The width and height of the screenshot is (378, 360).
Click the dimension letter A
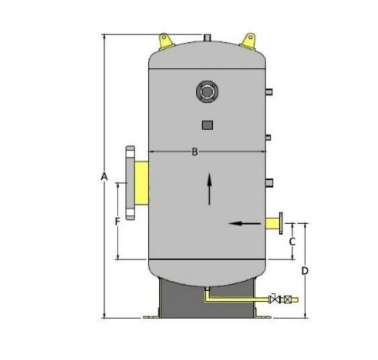103,177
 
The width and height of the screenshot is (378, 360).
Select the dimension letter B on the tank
195,152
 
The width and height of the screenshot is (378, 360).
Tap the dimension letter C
292,240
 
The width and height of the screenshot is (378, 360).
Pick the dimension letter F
117,220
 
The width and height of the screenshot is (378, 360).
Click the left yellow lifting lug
164,41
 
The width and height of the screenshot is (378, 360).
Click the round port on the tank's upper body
207,91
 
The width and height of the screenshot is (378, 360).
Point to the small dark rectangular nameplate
207,124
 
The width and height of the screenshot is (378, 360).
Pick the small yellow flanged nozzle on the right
275,222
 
